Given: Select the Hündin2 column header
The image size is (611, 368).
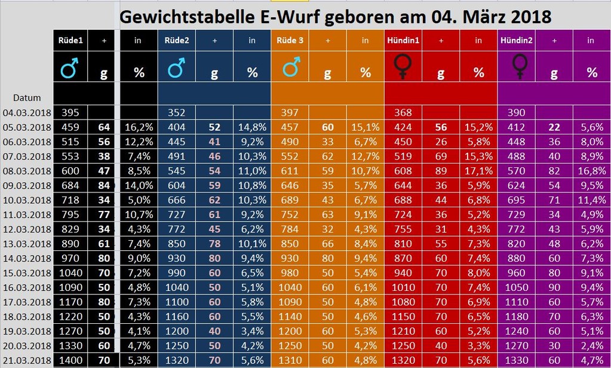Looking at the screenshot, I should click(x=517, y=41).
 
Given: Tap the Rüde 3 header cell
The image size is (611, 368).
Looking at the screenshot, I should click(x=290, y=41).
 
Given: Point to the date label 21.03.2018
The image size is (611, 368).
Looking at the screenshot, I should click(x=27, y=360).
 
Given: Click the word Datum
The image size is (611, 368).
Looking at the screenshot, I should click(x=27, y=97).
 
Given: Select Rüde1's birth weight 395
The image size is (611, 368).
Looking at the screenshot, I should click(x=70, y=112).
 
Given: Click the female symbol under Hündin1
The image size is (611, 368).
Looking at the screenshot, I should click(x=404, y=66).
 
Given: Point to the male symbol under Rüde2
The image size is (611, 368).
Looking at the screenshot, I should click(x=176, y=69).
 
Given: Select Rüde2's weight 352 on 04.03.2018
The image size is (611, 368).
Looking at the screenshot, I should click(x=177, y=112).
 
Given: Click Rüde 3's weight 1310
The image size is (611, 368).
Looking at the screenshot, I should click(x=291, y=360).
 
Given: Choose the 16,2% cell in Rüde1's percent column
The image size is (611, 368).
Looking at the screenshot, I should click(x=139, y=127).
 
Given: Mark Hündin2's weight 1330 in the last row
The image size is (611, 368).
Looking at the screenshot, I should click(x=517, y=360).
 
